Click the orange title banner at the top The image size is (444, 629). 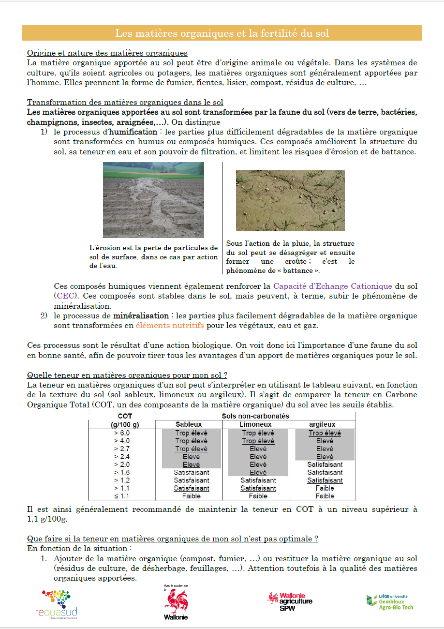pos(222,33)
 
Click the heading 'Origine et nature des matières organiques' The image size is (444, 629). pos(107,53)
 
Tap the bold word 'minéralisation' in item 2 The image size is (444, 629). pos(141,316)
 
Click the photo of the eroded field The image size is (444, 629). pos(153,200)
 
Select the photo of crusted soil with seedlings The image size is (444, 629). pos(290,200)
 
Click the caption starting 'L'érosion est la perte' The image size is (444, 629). pos(153,257)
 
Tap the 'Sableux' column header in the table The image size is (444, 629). pos(189,424)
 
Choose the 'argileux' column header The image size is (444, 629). pos(322,424)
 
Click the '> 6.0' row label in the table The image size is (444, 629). pos(121,433)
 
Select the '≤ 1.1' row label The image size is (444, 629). pos(121,496)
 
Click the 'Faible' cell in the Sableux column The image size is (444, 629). pos(192,496)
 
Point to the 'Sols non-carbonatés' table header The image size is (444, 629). pos(255,416)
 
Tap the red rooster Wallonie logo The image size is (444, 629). pos(176,603)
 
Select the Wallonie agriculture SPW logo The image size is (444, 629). pos(290,601)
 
